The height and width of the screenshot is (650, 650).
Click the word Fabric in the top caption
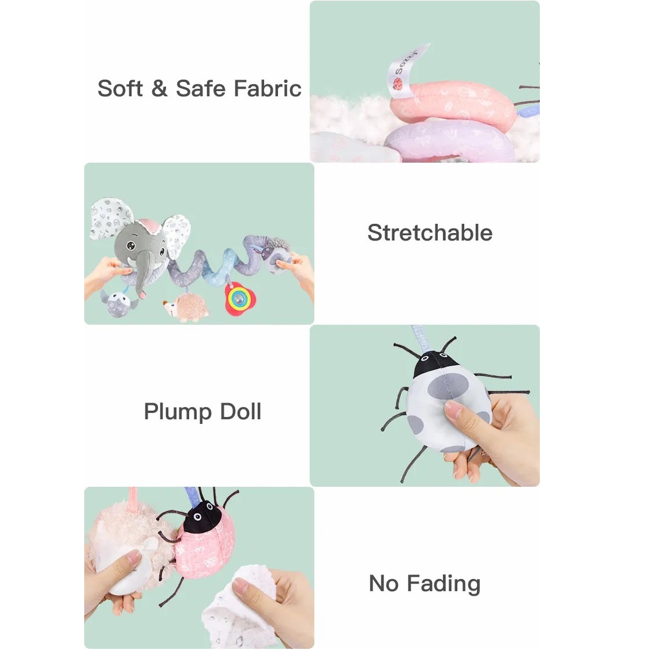coord(268,88)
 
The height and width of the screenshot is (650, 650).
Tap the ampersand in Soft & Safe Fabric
coord(160,88)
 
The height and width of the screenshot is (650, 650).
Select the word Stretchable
coord(430,232)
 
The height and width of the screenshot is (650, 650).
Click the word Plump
coord(178,412)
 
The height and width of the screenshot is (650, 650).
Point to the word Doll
coord(241,411)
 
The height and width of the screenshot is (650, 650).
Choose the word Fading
coord(444,584)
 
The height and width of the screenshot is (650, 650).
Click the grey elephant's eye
coord(130,246)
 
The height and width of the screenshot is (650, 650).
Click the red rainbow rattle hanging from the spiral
coord(239,298)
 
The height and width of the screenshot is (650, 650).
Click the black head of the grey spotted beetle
coord(435,363)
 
